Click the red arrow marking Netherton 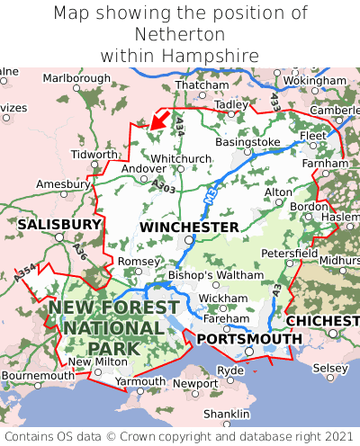[x=159, y=118]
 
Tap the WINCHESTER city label [x=189, y=227]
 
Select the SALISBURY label [x=59, y=223]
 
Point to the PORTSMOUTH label [x=249, y=338]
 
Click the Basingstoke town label [x=248, y=142]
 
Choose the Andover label [x=144, y=168]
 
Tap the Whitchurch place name [x=180, y=158]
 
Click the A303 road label [x=163, y=185]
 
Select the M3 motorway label [x=211, y=193]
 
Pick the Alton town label [x=278, y=192]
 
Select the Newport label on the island [x=195, y=383]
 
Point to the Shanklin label [x=226, y=413]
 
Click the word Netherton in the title [x=180, y=34]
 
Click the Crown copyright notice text [x=180, y=436]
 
